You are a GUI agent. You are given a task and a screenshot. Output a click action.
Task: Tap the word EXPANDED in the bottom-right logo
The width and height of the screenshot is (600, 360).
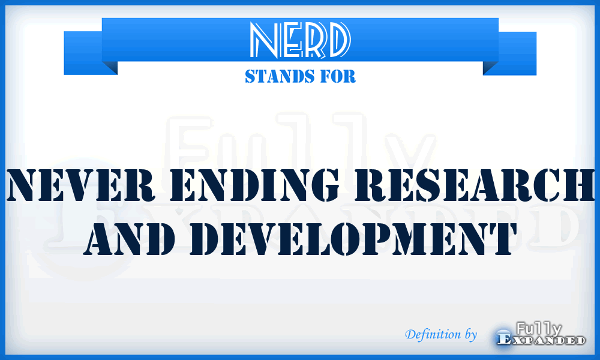542,340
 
